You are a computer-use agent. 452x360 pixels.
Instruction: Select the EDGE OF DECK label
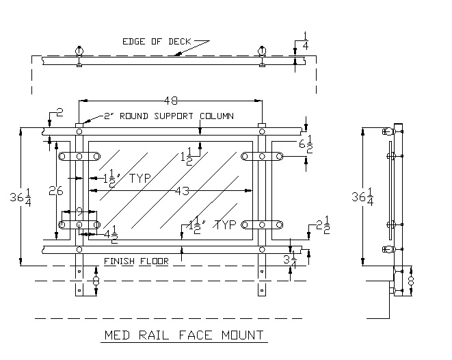(x=157, y=41)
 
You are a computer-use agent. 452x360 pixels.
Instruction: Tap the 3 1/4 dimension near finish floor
(x=290, y=260)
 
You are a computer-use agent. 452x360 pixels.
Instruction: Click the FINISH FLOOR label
(x=135, y=261)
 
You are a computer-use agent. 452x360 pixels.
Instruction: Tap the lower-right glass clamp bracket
(x=262, y=224)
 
